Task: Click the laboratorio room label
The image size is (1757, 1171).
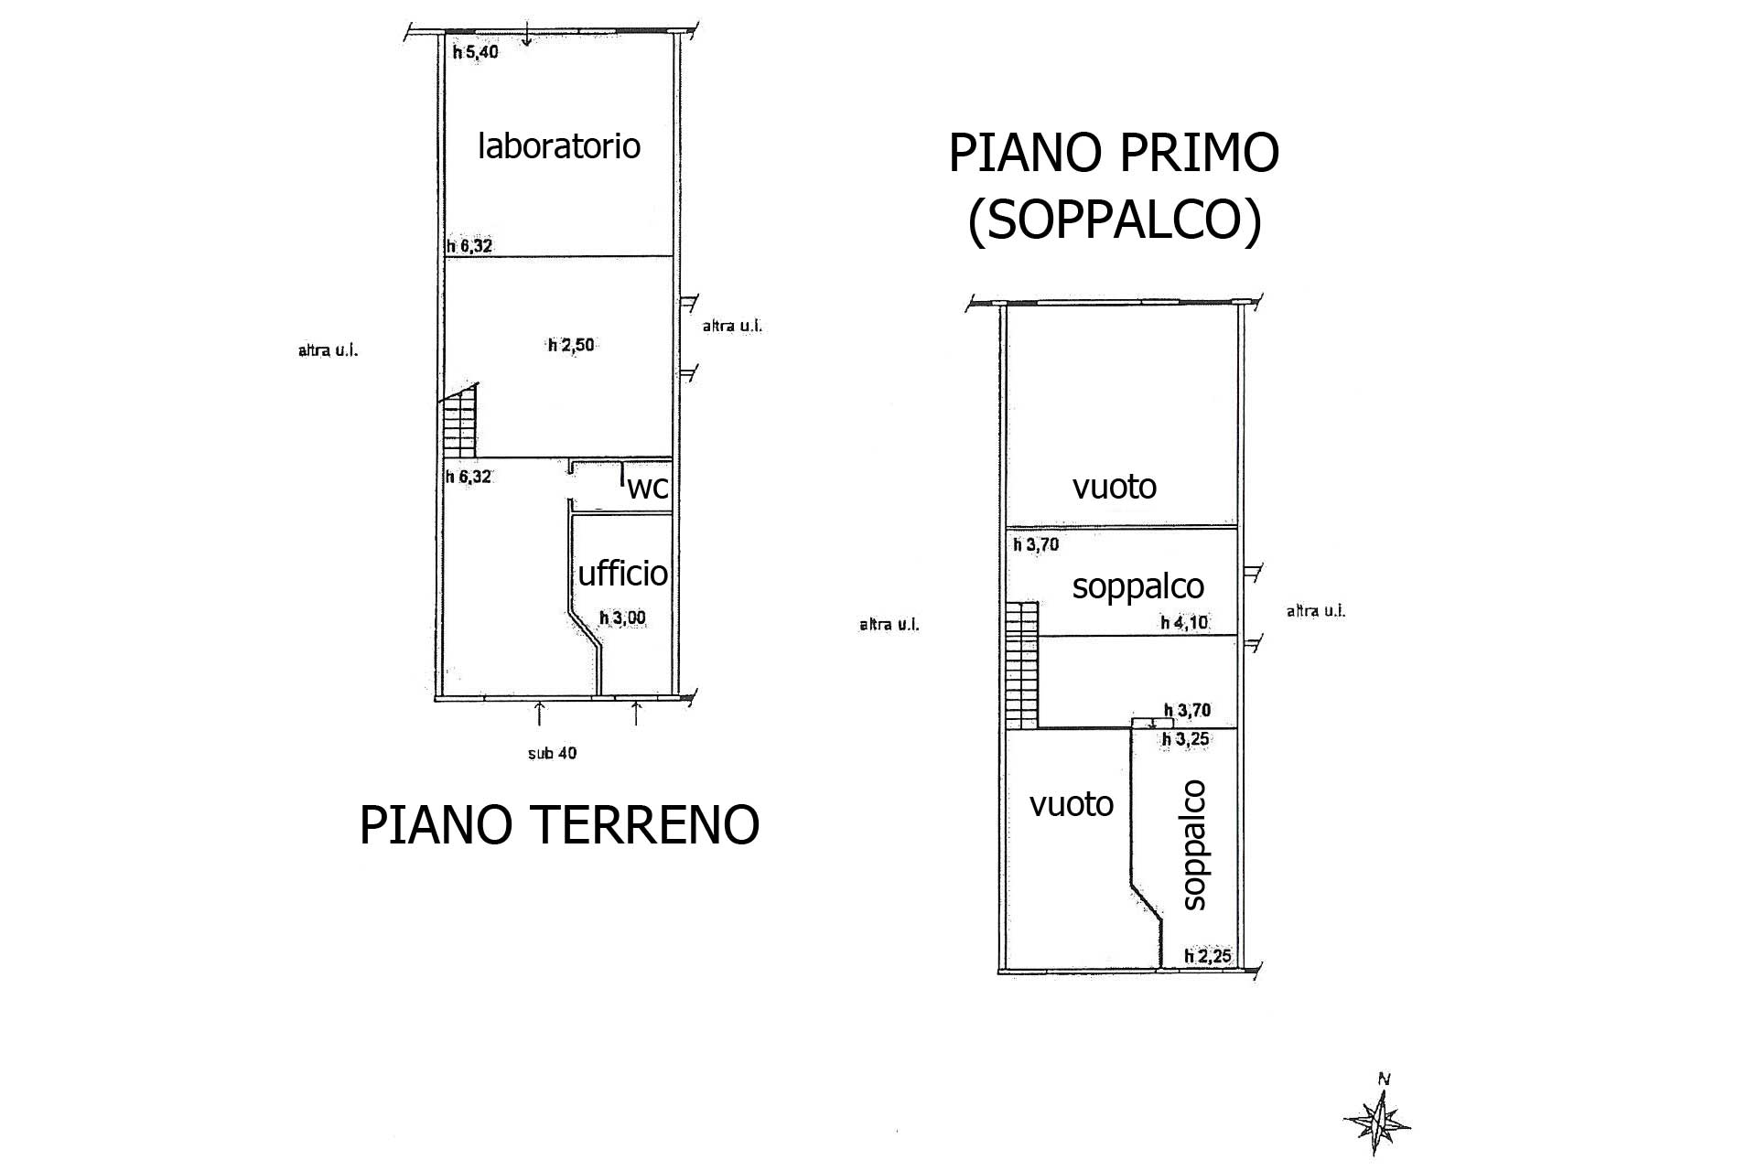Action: click(559, 145)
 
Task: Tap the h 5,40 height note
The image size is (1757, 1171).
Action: click(476, 52)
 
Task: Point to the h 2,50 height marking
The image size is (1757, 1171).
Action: click(571, 345)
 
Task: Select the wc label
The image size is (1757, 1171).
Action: click(648, 489)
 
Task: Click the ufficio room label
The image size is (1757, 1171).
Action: click(622, 573)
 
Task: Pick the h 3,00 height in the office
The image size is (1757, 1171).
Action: click(622, 618)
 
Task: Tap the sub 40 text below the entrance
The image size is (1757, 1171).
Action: click(552, 754)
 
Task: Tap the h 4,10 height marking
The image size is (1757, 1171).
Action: click(1184, 622)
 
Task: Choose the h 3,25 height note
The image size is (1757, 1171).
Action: click(1185, 739)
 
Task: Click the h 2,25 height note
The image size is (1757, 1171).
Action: click(1208, 957)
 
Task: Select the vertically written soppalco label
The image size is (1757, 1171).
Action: click(1194, 844)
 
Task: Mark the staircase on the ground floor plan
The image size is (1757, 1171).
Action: click(460, 420)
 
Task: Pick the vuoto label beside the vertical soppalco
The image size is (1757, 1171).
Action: click(1071, 804)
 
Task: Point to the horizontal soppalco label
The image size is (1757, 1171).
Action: click(1137, 586)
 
